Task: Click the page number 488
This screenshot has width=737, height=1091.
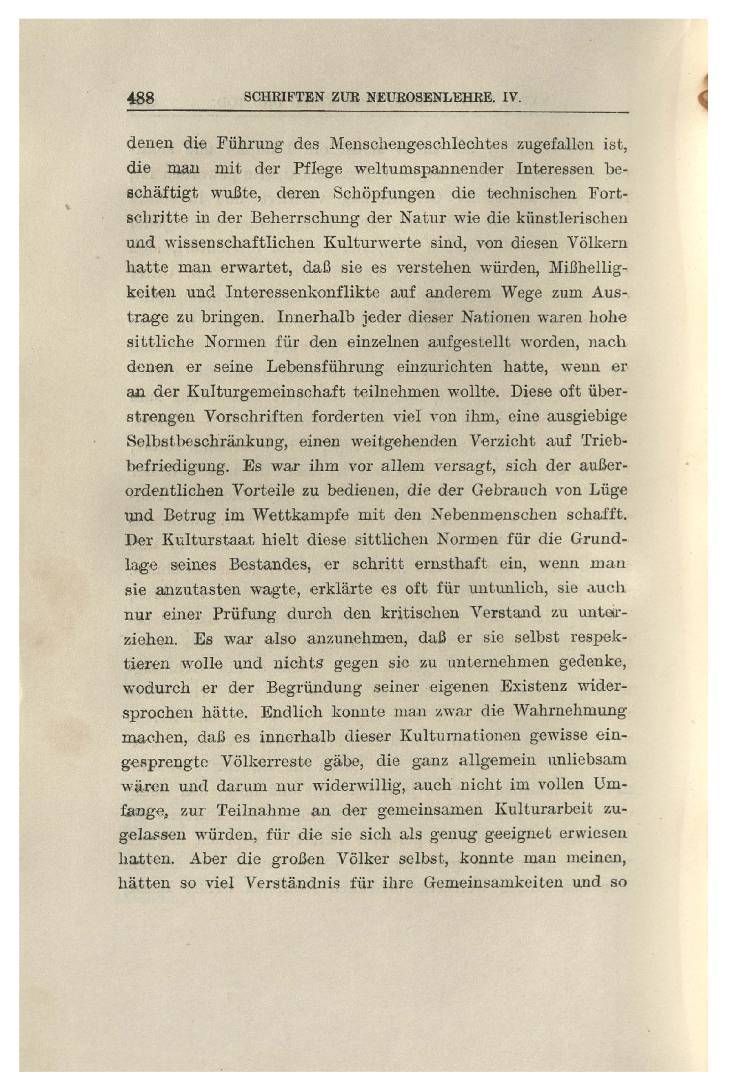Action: [x=140, y=98]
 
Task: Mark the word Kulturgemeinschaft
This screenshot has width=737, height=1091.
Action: [x=266, y=391]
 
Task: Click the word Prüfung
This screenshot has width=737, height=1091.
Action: [x=244, y=613]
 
